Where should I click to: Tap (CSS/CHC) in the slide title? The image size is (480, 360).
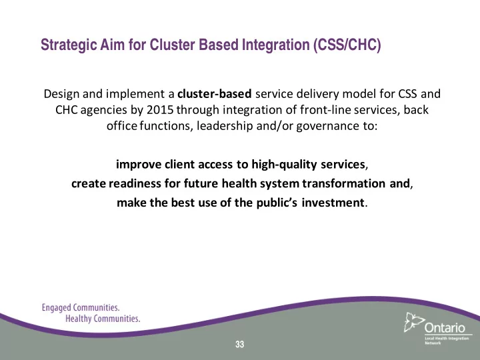(x=347, y=45)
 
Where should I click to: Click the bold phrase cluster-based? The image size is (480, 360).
(x=214, y=94)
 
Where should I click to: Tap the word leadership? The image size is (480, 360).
(x=225, y=126)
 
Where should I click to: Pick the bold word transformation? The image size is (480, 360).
(x=344, y=183)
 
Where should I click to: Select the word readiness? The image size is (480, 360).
(x=135, y=183)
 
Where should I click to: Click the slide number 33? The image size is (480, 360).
(x=240, y=345)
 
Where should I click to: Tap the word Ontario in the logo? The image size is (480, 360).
(x=445, y=328)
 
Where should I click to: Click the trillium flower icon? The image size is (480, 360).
(x=413, y=322)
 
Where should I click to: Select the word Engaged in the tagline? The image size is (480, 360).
(x=56, y=307)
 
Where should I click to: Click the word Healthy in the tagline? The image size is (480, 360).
(x=79, y=319)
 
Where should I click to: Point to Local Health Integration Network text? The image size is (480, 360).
(x=447, y=341)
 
